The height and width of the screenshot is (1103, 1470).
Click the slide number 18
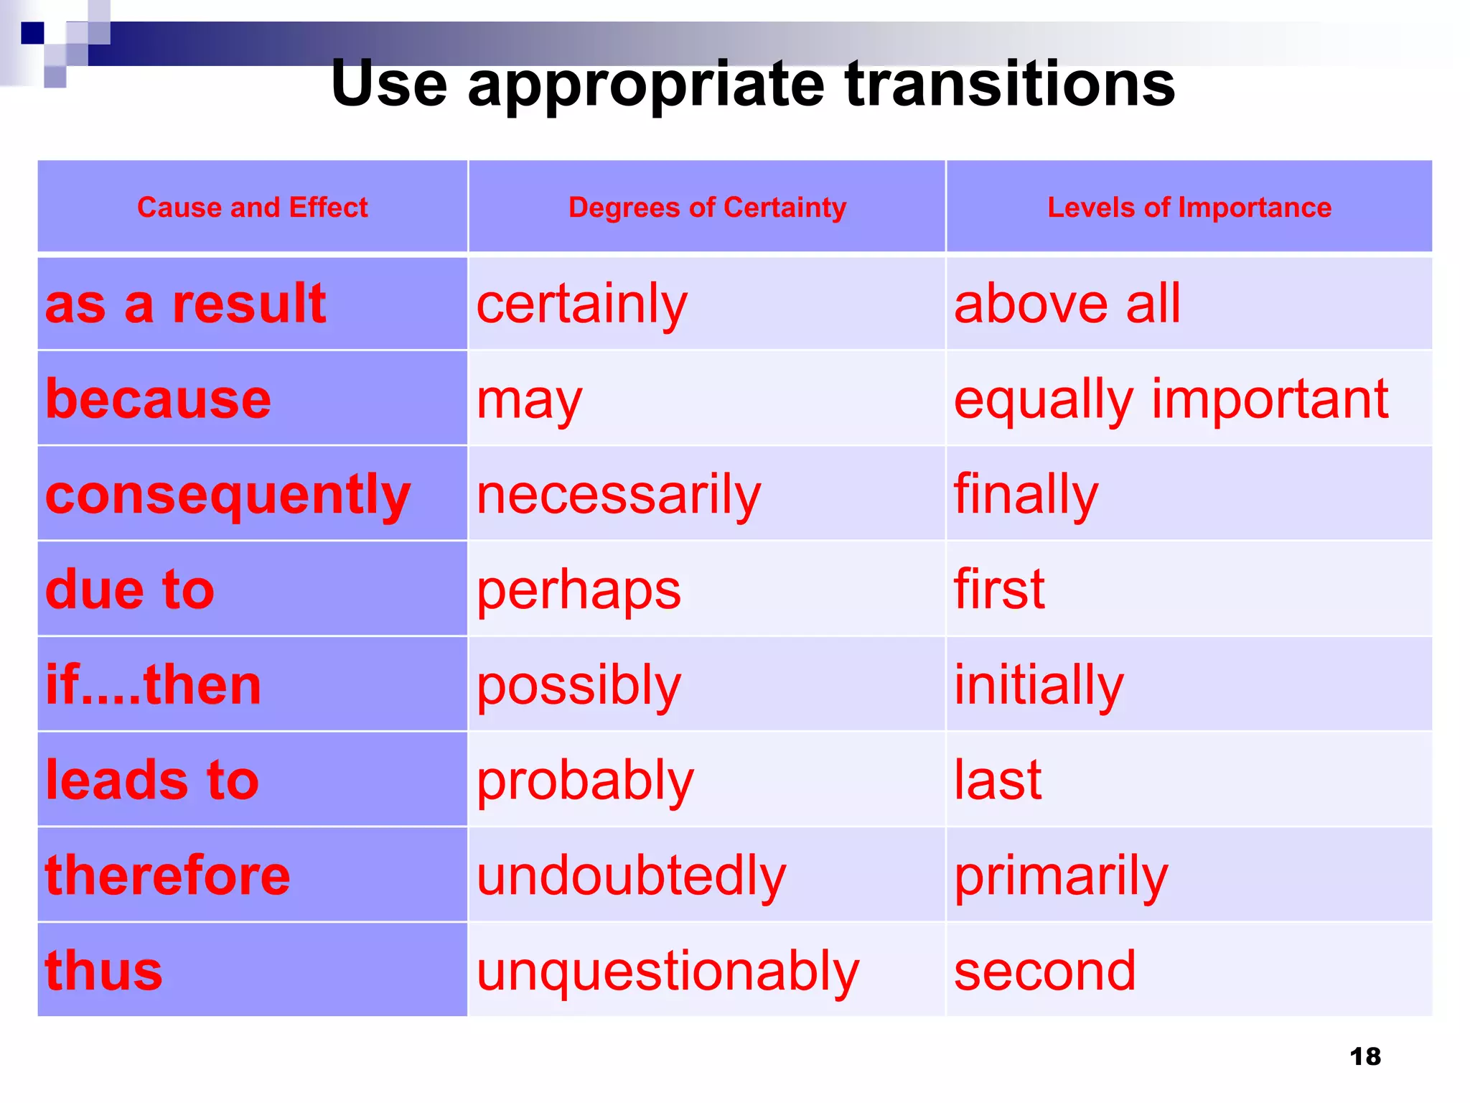click(1364, 1056)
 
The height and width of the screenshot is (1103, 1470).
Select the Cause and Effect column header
click(252, 208)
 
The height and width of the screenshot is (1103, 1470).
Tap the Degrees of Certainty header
click(707, 208)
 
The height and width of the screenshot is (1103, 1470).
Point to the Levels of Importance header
click(1189, 208)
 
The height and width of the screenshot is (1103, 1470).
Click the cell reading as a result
click(185, 304)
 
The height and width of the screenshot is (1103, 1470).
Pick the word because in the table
click(158, 399)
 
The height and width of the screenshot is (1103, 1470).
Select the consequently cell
click(228, 495)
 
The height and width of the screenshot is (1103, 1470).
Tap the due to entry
click(129, 590)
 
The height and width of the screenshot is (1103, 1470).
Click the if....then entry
click(153, 685)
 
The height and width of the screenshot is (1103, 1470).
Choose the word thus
click(104, 971)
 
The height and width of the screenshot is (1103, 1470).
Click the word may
click(529, 401)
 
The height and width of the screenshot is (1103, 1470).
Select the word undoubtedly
click(631, 876)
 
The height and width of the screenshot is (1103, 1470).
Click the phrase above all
click(1067, 304)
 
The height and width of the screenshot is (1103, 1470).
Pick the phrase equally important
click(1171, 400)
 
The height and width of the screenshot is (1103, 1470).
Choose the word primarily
click(1061, 877)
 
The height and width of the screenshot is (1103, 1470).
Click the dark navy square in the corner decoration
click(32, 33)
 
